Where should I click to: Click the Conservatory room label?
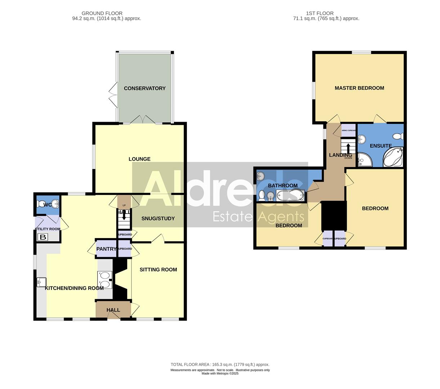(x=144, y=88)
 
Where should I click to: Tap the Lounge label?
(x=139, y=159)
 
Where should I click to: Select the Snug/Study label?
(x=158, y=218)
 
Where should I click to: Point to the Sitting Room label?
(x=158, y=269)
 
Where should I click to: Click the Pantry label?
(x=106, y=249)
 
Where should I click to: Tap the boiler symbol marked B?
(x=42, y=237)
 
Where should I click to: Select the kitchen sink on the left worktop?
(x=41, y=282)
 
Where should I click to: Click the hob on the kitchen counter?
(x=105, y=280)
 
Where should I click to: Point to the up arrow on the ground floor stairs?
(x=124, y=215)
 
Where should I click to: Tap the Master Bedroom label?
(x=359, y=88)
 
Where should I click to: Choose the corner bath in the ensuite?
(x=393, y=157)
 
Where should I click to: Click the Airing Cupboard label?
(x=349, y=130)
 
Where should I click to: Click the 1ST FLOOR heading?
(x=320, y=13)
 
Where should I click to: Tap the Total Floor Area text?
(x=220, y=365)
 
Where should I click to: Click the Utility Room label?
(x=48, y=229)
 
